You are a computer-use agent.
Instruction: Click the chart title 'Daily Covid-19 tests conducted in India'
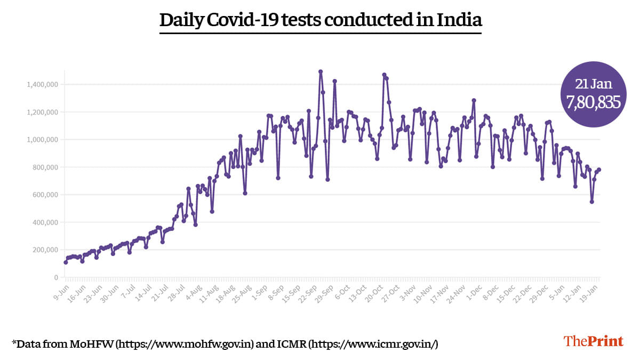(321, 20)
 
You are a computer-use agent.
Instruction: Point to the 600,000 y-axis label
(44, 195)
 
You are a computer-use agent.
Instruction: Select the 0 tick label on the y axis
(55, 277)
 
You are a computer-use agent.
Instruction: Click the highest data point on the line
(321, 71)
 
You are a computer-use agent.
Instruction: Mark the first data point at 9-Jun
(66, 262)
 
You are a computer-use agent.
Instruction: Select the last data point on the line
(599, 170)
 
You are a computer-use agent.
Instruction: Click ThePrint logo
(593, 341)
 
